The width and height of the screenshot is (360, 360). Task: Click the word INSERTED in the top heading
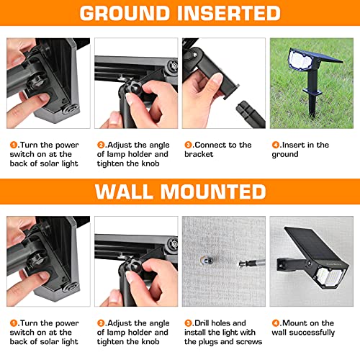coord(230,14)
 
